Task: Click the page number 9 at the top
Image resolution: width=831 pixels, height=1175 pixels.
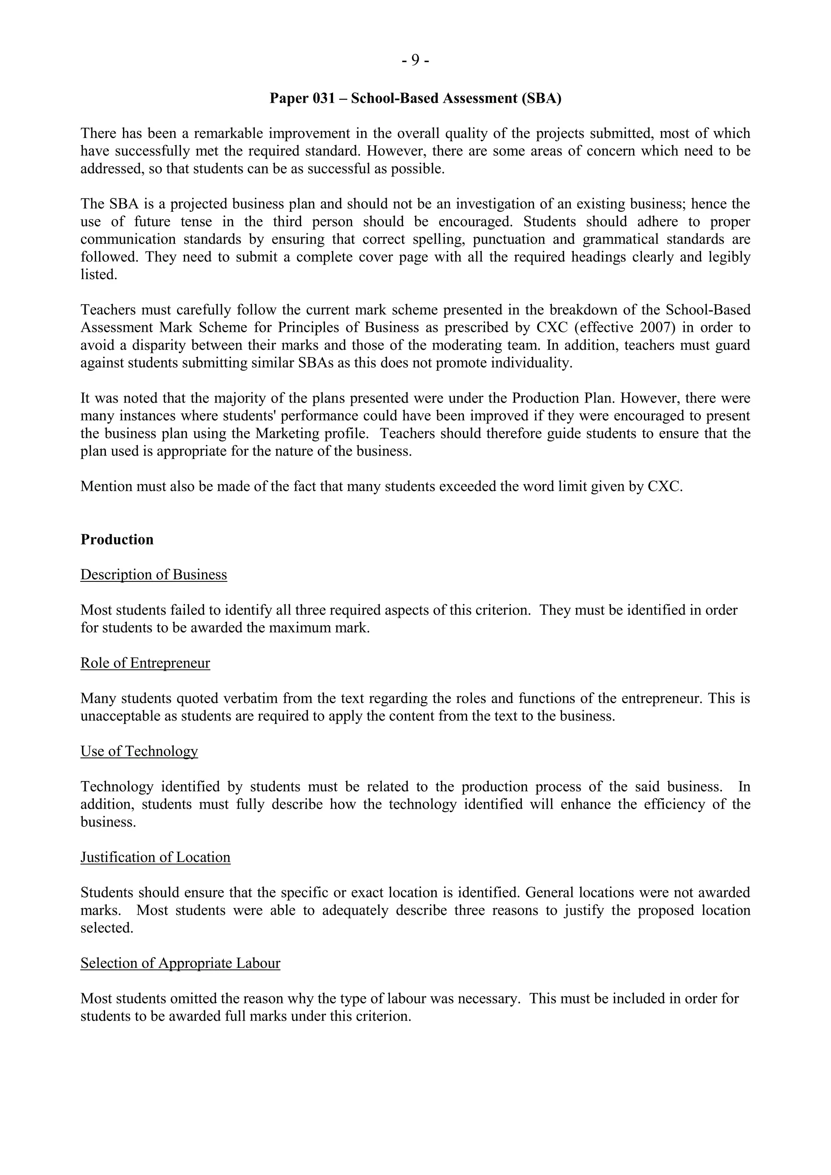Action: coord(415,61)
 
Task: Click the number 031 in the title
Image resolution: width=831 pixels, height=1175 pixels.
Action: coord(323,98)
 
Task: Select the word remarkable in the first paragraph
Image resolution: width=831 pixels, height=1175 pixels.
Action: coord(228,133)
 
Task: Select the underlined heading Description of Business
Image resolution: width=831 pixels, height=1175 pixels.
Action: coord(153,575)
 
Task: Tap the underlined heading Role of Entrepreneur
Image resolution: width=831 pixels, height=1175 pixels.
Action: coord(145,663)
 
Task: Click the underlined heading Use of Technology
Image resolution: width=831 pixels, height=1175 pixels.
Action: coord(139,751)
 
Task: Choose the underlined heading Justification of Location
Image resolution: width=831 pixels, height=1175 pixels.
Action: coord(155,857)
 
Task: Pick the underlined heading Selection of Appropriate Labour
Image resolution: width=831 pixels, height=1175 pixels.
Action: coord(180,963)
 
